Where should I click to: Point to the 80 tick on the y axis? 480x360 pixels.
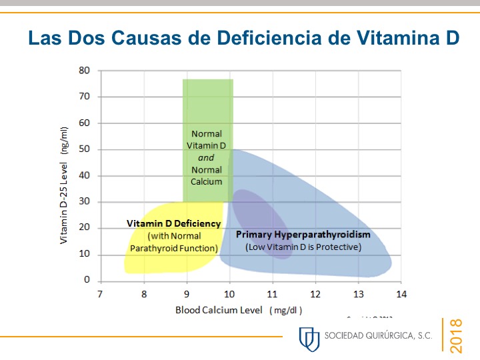coord(85,70)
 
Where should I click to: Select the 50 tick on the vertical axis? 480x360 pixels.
coord(85,149)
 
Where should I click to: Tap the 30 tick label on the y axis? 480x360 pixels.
coord(85,202)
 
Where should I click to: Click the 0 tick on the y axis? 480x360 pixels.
coord(87,281)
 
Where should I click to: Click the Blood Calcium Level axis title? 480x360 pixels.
coord(239,310)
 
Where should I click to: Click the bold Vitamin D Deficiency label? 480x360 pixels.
coord(173,224)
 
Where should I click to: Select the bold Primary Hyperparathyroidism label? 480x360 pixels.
coord(303,235)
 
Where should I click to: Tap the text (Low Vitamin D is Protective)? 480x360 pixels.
coord(303,247)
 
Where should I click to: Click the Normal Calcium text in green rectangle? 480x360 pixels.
coord(206,175)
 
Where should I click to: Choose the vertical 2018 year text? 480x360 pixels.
coord(457,336)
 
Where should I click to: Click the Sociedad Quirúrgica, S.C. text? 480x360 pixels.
coord(378,336)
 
